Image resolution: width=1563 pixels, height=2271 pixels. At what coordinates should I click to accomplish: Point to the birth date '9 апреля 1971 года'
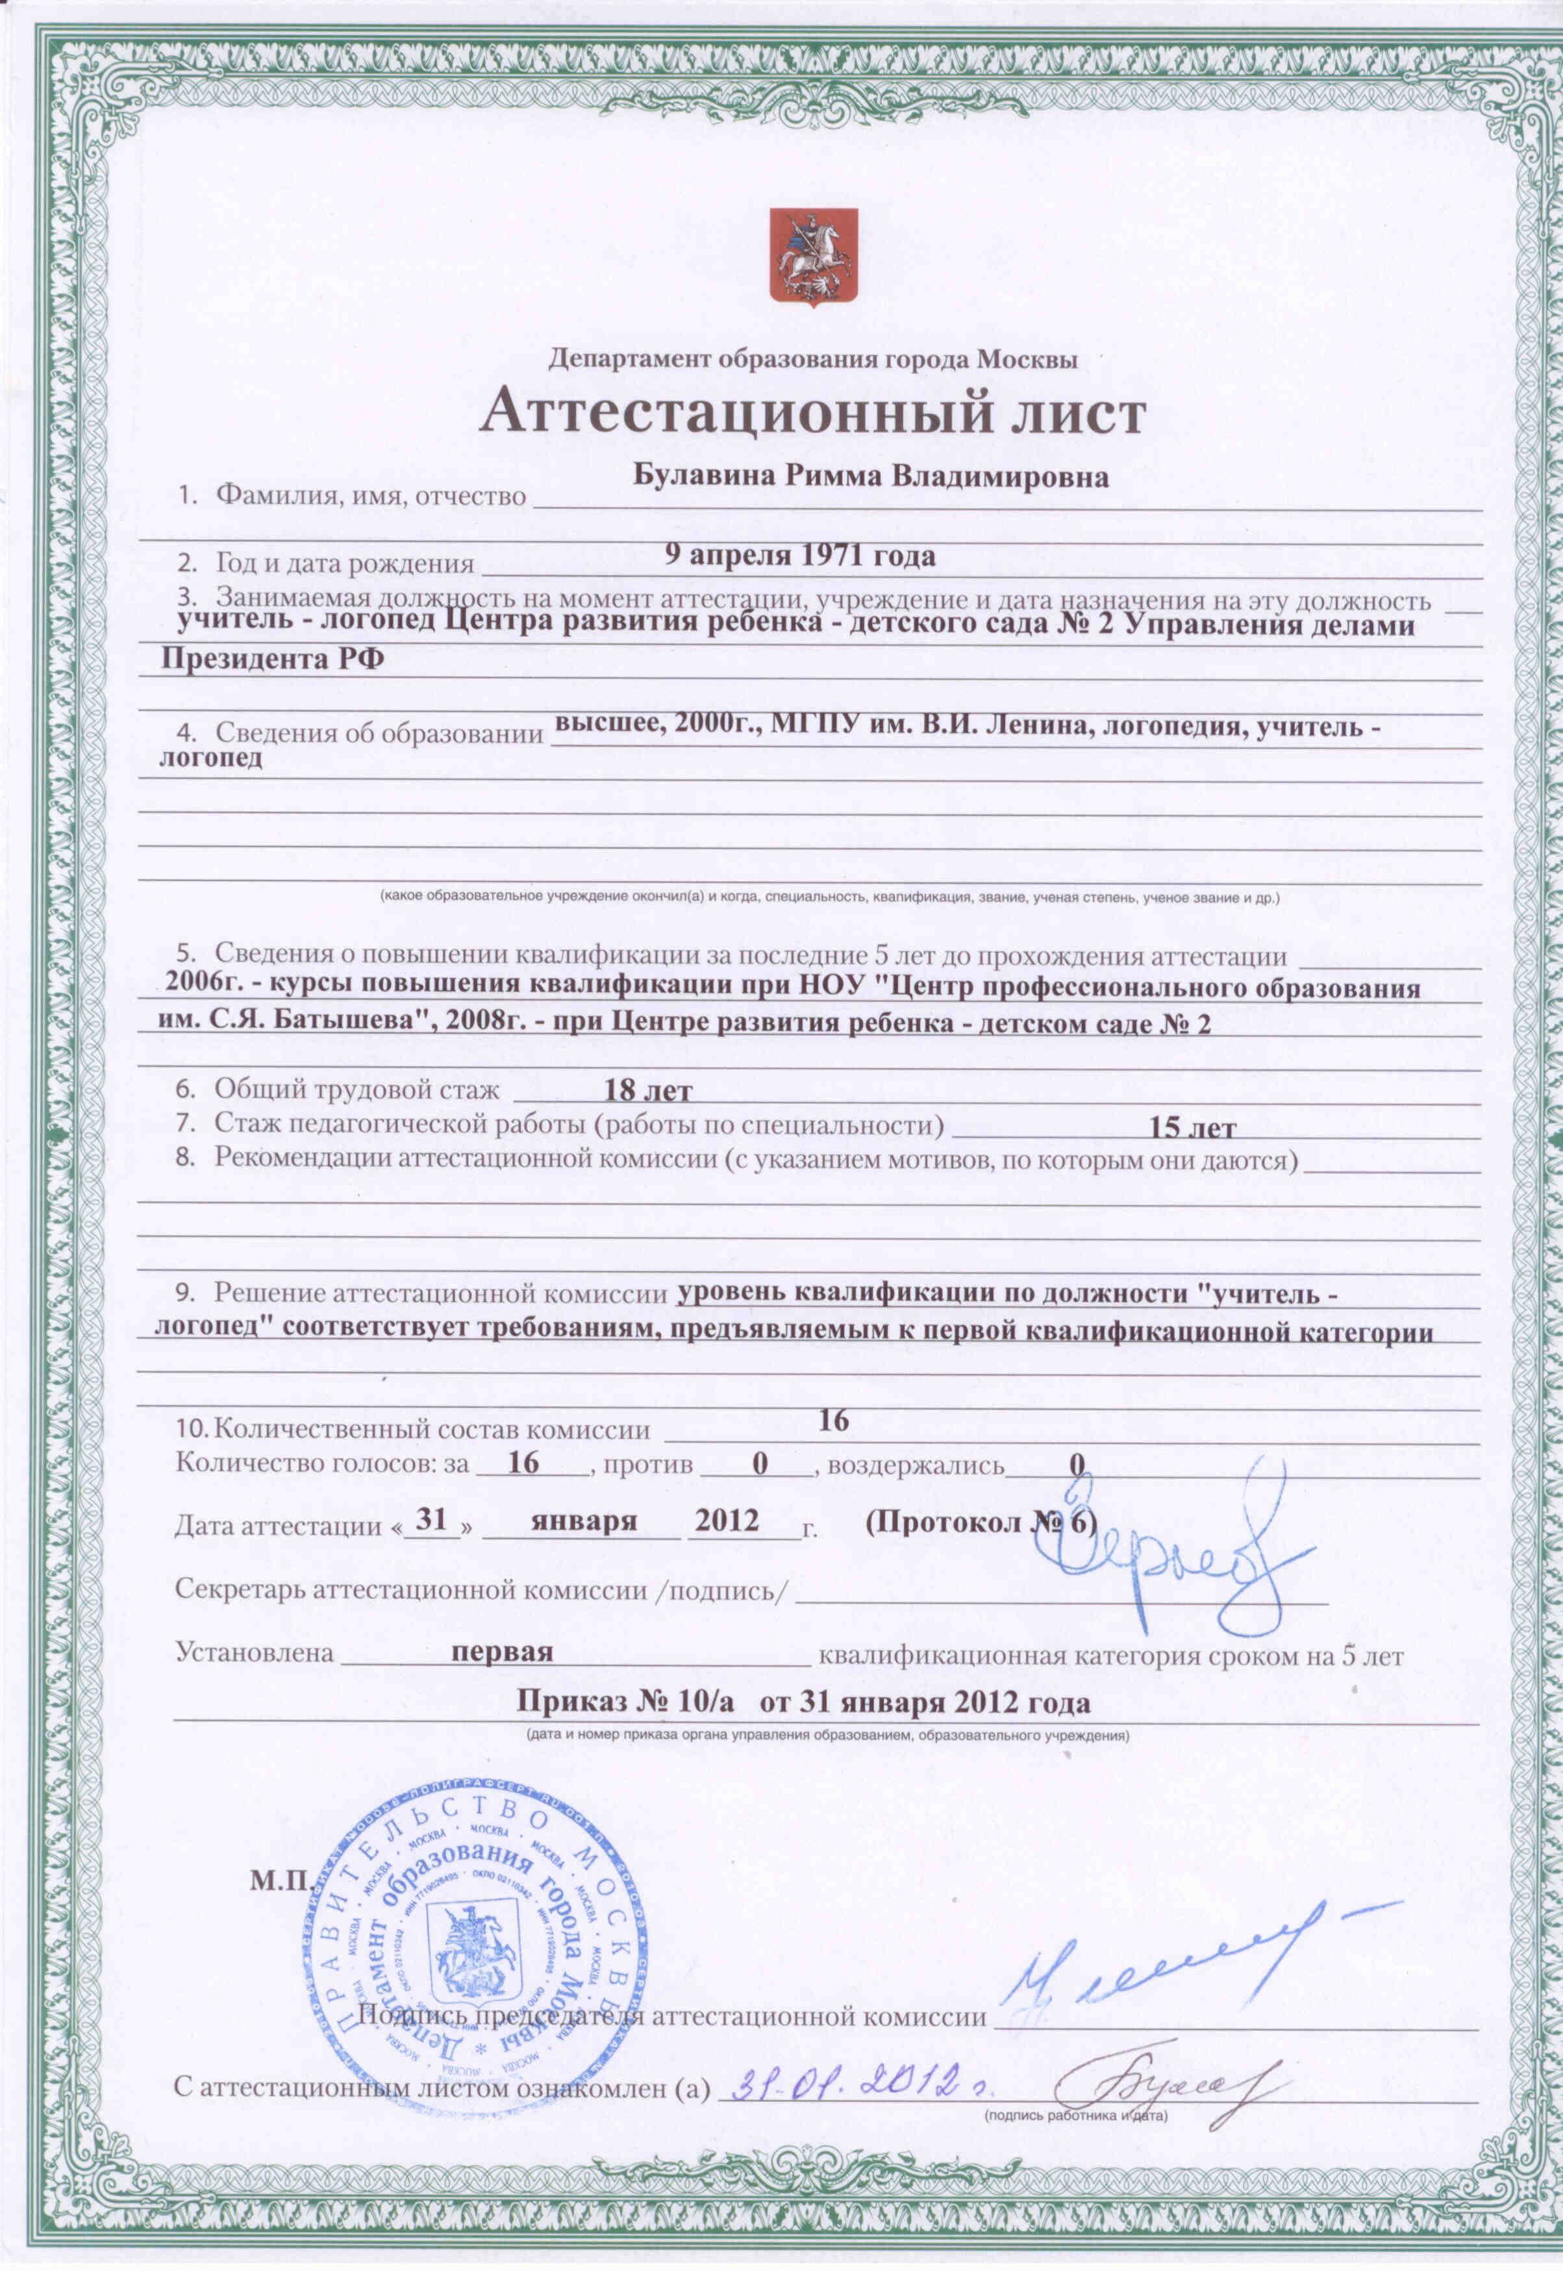point(799,556)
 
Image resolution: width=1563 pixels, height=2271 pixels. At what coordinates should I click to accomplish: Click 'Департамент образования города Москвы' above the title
point(813,359)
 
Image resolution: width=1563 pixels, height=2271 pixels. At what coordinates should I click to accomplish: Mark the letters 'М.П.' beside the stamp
point(280,1882)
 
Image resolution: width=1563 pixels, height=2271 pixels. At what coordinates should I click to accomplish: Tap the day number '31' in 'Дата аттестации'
point(431,1520)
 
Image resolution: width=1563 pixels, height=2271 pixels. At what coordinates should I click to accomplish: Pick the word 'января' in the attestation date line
point(584,1520)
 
